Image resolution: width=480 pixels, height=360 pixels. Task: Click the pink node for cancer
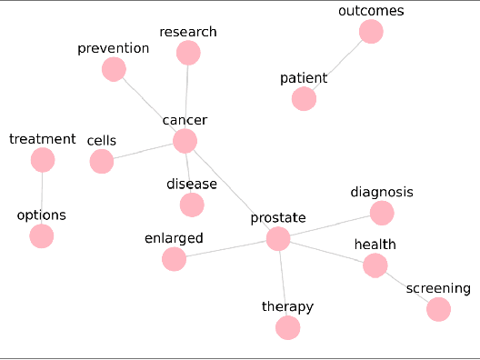185,141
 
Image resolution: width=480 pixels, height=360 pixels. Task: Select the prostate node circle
278,239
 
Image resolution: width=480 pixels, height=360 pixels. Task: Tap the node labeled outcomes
371,32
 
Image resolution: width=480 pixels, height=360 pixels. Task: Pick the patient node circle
304,99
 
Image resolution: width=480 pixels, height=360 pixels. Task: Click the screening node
438,310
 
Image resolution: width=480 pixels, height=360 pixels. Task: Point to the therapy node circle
287,327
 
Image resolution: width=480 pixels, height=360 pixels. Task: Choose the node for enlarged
174,260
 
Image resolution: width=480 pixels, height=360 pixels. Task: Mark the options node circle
41,236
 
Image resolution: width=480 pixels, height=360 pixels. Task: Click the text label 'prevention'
113,48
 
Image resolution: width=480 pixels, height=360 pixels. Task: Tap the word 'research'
188,32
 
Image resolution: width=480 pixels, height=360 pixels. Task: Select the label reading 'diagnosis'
382,193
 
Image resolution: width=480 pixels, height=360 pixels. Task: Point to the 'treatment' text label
42,139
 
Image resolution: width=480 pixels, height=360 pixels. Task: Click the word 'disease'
192,185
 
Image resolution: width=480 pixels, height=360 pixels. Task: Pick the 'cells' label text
102,141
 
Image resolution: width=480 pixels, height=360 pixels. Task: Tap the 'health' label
375,245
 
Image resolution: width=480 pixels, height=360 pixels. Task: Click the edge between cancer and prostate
231,190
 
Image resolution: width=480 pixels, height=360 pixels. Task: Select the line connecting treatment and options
42,198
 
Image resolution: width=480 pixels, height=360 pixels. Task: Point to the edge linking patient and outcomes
337,65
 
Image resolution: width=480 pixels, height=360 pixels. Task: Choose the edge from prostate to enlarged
225,250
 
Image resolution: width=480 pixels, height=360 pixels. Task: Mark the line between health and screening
406,287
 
